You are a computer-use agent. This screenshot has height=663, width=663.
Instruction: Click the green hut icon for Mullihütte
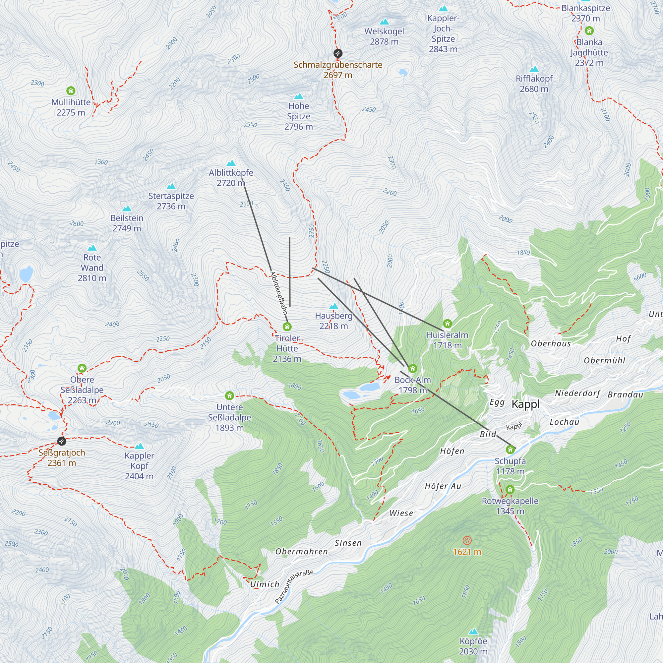(71, 91)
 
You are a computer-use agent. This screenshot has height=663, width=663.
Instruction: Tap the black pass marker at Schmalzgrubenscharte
(338, 53)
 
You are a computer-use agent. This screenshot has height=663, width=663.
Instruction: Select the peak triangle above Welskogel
(384, 22)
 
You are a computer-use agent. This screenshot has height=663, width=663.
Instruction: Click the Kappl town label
(525, 404)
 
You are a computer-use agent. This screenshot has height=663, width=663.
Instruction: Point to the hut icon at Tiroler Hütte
(287, 327)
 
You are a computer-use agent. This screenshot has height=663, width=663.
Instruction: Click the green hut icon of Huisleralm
(448, 323)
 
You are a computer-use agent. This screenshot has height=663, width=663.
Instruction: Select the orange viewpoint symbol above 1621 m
(467, 541)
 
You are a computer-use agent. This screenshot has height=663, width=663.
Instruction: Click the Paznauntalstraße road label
(294, 587)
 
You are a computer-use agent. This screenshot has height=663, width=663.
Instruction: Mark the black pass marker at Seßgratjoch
(62, 441)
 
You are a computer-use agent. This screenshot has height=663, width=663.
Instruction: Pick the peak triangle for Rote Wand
(92, 248)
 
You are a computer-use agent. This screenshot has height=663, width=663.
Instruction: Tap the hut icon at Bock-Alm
(412, 369)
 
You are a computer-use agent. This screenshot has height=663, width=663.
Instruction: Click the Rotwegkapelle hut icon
(510, 489)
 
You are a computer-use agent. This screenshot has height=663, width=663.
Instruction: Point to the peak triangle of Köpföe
(473, 632)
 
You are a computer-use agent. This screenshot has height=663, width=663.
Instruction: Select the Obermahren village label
(302, 552)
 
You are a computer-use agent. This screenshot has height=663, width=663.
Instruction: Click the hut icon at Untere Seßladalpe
(230, 396)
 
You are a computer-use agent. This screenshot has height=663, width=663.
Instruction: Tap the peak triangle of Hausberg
(333, 306)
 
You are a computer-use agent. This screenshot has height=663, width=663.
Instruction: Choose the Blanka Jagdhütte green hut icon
(589, 31)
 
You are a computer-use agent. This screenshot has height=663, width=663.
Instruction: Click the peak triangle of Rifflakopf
(534, 69)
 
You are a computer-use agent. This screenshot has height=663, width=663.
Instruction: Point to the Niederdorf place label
(577, 393)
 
